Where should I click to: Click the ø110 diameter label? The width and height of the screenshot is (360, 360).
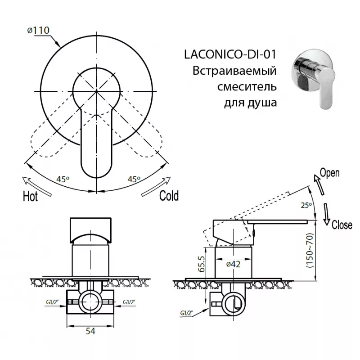pos(38,30)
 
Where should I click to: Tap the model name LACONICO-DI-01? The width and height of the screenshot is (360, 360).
pos(230,54)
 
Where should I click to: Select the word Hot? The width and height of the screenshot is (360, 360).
pos(30,197)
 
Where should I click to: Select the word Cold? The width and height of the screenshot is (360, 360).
pos(169,196)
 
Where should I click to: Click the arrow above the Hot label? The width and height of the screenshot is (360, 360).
pos(37,186)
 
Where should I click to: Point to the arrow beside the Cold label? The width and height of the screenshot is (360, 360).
pos(156,186)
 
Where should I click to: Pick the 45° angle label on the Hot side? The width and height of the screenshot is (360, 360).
pos(63,179)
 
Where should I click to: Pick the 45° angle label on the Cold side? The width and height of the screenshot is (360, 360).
pos(134,179)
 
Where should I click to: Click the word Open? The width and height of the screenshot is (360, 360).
pos(330,173)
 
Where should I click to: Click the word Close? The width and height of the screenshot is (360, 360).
pos(342,225)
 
